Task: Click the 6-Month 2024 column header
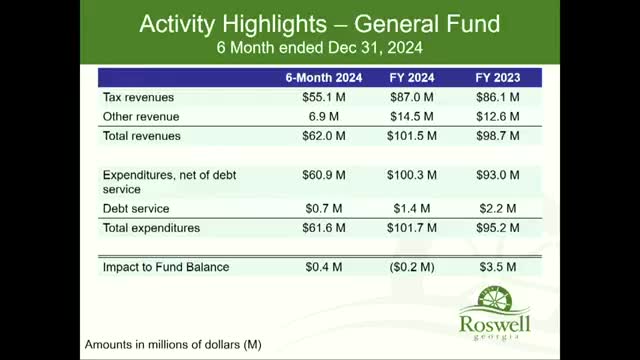[x=324, y=78]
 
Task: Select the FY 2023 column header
[x=498, y=78]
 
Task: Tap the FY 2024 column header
[x=412, y=78]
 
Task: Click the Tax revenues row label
[x=138, y=97]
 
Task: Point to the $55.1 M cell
[x=324, y=97]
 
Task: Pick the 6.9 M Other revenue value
[x=324, y=117]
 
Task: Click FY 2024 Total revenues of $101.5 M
[x=412, y=136]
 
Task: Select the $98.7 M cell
[x=498, y=136]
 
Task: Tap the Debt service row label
[x=136, y=209]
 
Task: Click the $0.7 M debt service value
[x=324, y=209]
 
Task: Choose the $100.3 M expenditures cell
[x=412, y=175]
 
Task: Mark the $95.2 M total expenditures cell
[x=498, y=228]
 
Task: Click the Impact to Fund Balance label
[x=166, y=267]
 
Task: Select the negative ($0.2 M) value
[x=412, y=267]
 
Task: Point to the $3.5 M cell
[x=498, y=267]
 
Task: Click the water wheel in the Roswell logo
[x=495, y=298]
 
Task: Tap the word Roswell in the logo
[x=495, y=324]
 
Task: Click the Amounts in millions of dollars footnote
[x=173, y=344]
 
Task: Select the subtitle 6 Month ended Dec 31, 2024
[x=320, y=48]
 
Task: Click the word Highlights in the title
[x=274, y=24]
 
